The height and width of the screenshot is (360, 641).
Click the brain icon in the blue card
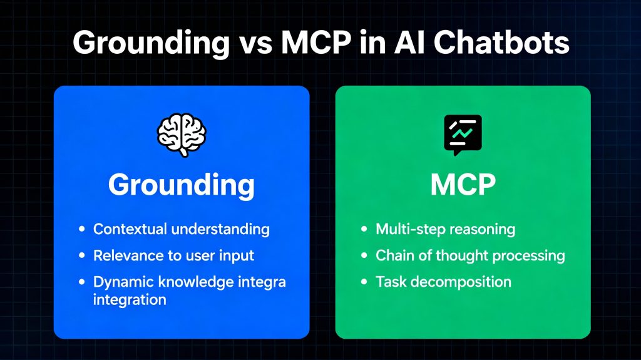(181, 135)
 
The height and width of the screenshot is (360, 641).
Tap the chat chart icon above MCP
(463, 135)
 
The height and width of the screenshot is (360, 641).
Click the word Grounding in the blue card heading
(181, 185)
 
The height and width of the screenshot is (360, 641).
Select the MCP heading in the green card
(463, 185)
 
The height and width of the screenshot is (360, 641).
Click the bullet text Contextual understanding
(181, 229)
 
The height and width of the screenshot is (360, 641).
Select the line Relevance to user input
(173, 255)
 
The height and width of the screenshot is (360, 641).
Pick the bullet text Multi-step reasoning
(445, 229)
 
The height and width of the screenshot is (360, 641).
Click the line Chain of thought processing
(470, 255)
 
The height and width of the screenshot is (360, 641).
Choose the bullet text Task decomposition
(443, 282)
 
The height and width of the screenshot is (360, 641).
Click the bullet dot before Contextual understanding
(81, 230)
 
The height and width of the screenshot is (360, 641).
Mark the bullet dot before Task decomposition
(364, 282)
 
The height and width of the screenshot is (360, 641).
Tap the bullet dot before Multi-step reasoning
(364, 230)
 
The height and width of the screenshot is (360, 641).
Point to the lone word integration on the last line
(130, 299)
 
